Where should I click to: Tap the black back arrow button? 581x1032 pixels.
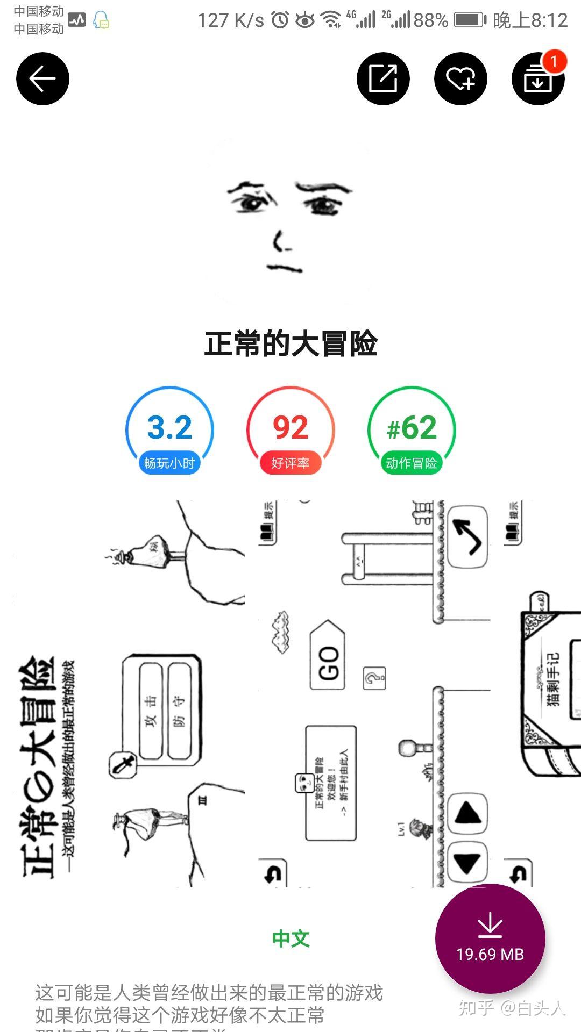pos(42,78)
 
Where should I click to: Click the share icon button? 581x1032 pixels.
pos(383,78)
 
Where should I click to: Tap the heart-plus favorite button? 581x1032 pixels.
pos(460,78)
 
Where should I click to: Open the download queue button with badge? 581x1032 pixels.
pos(537,81)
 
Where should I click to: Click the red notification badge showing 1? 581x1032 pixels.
pos(554,61)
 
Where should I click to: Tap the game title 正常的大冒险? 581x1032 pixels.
pos(290,343)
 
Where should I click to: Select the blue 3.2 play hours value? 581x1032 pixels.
pos(169,427)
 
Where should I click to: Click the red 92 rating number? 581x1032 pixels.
pos(290,427)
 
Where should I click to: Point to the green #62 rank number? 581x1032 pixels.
pos(412,427)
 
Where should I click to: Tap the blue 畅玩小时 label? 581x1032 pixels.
pos(169,463)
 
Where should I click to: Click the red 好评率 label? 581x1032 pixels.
pos(290,463)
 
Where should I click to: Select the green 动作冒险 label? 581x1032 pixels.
pos(412,463)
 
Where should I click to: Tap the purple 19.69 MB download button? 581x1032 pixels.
pos(490,938)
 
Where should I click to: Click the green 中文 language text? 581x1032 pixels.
pos(290,938)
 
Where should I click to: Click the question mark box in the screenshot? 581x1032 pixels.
pos(374,678)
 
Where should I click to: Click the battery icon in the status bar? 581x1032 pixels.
pos(470,20)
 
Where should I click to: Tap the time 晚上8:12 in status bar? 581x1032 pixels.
pos(530,20)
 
